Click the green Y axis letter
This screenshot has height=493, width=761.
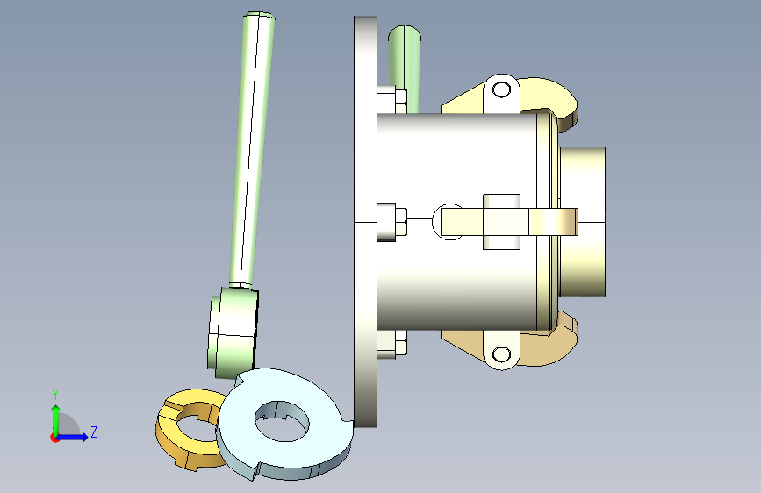point(55,394)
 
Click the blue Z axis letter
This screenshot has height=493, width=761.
point(94,432)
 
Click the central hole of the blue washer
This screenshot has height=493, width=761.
point(282,422)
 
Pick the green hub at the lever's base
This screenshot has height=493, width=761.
point(232,332)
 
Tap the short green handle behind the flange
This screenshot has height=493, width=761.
point(406,68)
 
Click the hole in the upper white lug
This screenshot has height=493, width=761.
point(501,89)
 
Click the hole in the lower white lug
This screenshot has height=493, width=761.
point(501,354)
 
